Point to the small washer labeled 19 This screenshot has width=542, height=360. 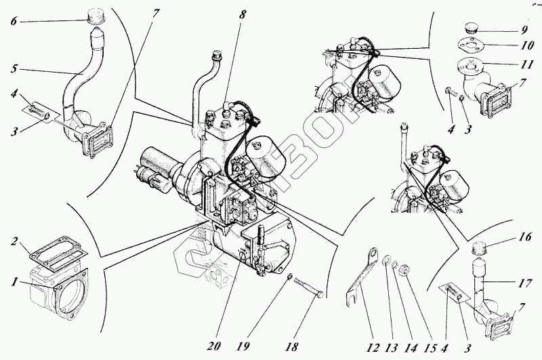pyautogui.click(x=289, y=277)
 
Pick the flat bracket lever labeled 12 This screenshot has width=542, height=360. pyautogui.click(x=358, y=278)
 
